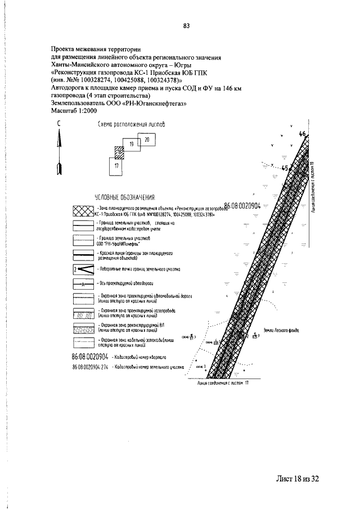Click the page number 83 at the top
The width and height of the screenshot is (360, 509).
click(x=186, y=25)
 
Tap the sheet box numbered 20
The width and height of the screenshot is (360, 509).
click(x=147, y=139)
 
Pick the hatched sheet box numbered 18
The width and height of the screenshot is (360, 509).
click(x=119, y=152)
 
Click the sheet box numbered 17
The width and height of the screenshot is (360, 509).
click(x=116, y=166)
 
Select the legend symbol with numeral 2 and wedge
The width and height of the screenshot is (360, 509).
click(x=83, y=269)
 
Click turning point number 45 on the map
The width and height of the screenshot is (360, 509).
click(x=285, y=168)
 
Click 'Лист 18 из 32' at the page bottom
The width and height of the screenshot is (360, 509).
click(x=298, y=479)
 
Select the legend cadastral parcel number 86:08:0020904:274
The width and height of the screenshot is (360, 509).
click(x=91, y=367)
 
